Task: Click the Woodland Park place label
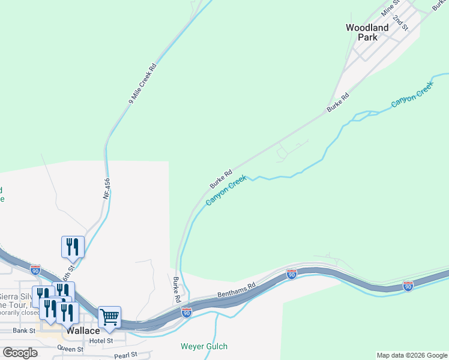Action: click(367, 32)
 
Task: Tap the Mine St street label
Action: click(390, 8)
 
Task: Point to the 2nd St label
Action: click(400, 22)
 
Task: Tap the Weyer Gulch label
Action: click(204, 346)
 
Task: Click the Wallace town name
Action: click(83, 331)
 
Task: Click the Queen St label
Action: click(70, 349)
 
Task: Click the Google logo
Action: click(20, 353)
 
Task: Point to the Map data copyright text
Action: click(412, 355)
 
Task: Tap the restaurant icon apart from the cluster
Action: click(73, 246)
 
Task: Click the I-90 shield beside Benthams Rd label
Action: click(292, 274)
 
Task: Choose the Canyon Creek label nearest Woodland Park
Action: click(411, 95)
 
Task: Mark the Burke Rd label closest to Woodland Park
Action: click(338, 103)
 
